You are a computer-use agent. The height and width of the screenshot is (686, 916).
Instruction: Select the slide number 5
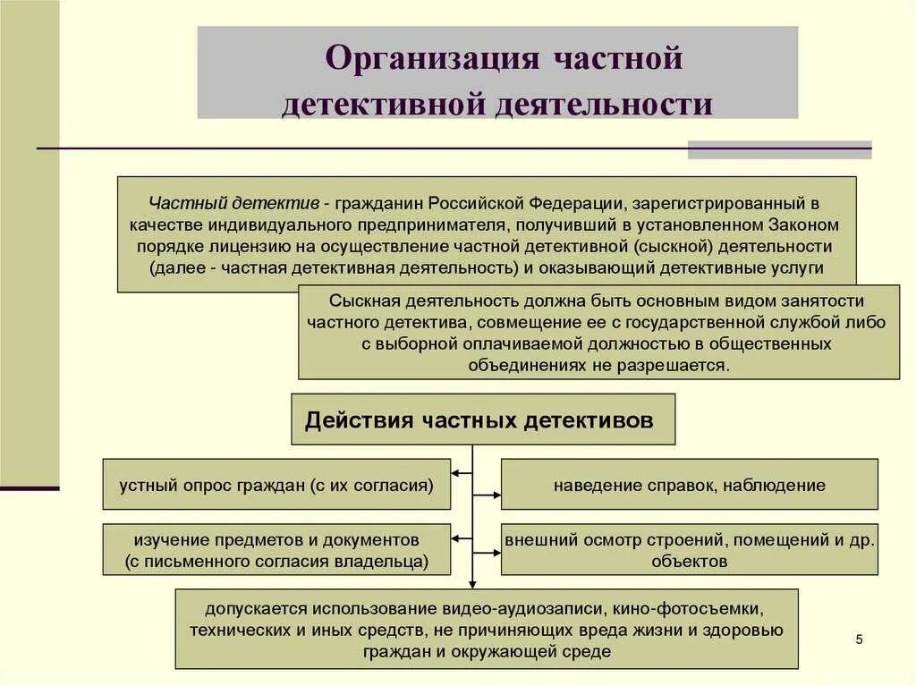tap(859, 639)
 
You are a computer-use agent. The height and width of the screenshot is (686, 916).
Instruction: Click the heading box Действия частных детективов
tap(483, 419)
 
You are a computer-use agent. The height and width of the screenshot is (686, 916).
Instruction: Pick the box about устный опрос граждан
tap(276, 485)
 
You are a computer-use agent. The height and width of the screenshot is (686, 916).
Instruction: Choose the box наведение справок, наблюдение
tap(689, 485)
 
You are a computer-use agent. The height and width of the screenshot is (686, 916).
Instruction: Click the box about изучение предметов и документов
tap(276, 550)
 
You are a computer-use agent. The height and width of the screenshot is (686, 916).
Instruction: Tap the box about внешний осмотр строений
tap(689, 550)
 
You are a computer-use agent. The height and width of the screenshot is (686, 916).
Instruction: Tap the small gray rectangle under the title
tap(779, 149)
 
